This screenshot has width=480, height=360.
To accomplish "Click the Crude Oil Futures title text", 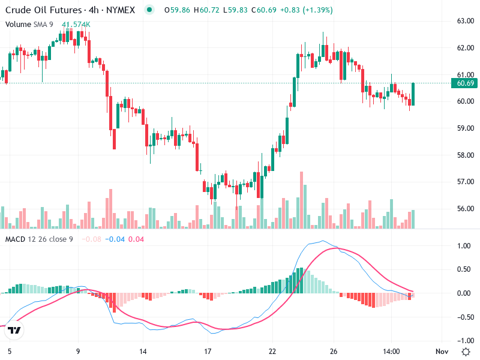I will (43, 10).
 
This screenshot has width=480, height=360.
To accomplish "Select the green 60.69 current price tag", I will (466, 83).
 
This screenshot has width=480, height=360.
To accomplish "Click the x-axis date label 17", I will (207, 351).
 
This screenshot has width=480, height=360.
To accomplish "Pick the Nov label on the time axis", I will (441, 351).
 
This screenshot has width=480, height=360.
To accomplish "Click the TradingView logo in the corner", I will (14, 331).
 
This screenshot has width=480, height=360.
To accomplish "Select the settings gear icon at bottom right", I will (466, 351).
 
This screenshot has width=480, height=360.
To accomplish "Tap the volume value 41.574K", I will (76, 25).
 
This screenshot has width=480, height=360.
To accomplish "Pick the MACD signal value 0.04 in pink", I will (136, 239).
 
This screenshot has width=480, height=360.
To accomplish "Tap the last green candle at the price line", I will (413, 94).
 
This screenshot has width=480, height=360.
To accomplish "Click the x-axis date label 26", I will (334, 351).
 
